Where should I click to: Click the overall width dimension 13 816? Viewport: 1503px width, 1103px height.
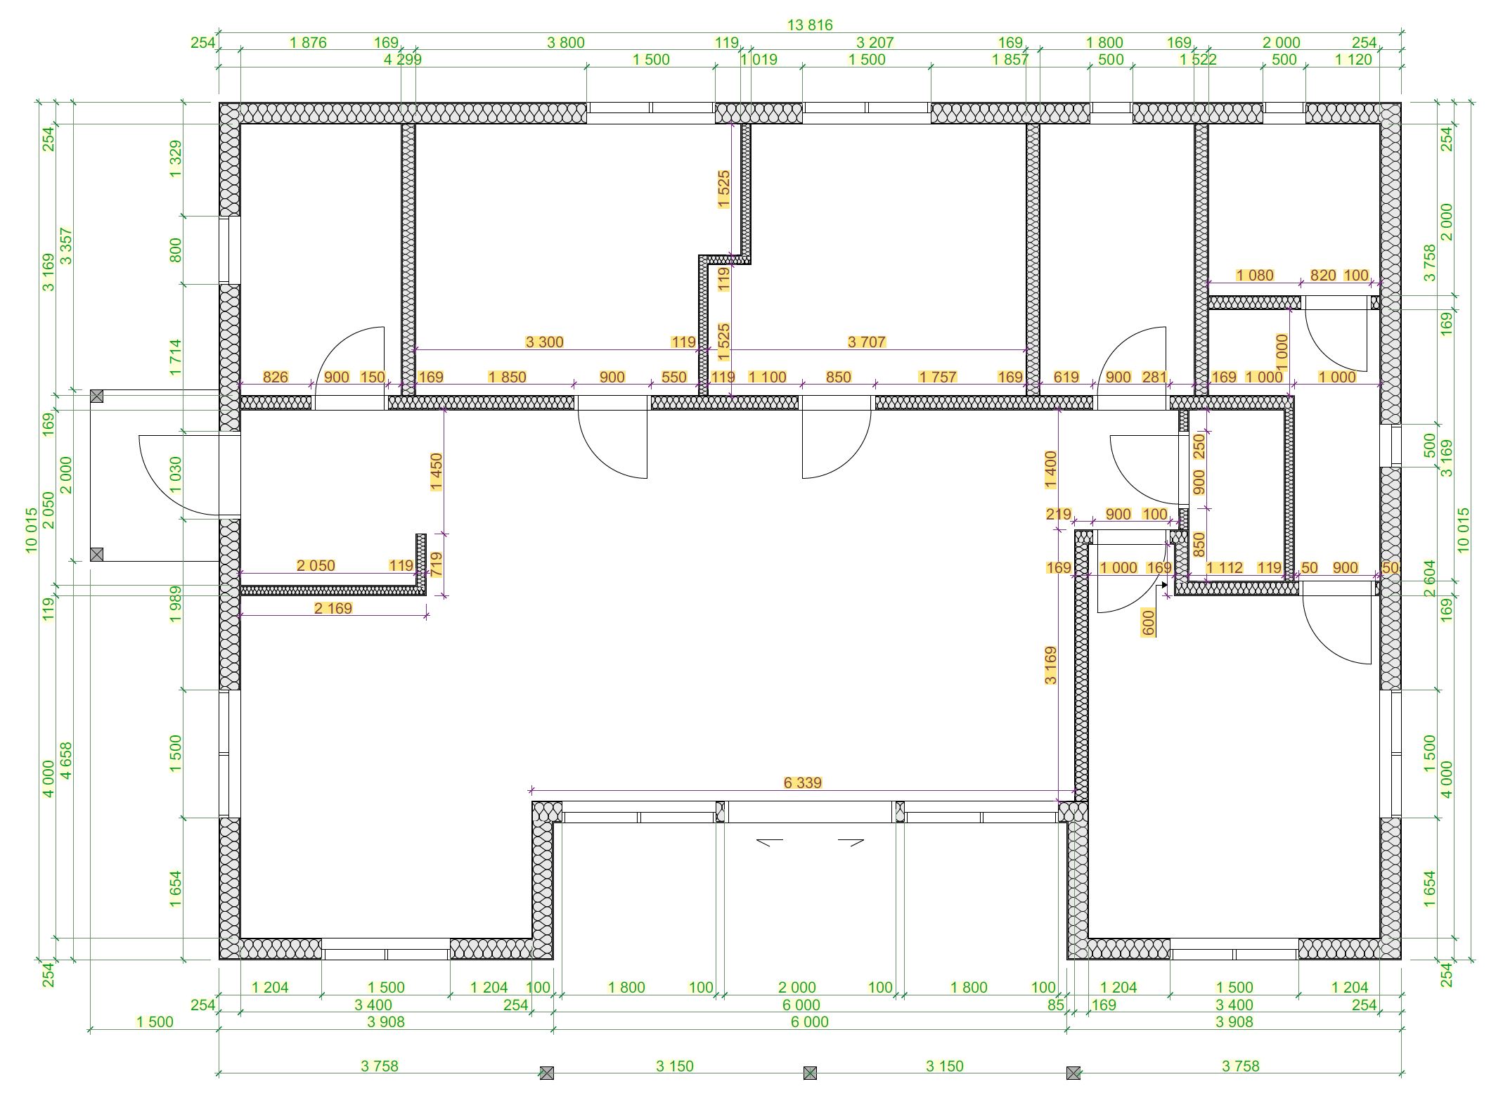810,25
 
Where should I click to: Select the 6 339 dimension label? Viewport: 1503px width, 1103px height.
802,782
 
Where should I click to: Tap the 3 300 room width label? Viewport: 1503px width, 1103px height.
544,342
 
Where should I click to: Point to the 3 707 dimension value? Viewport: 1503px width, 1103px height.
866,342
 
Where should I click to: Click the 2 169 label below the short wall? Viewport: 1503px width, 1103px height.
333,608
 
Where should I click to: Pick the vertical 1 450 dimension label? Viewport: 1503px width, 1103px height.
436,472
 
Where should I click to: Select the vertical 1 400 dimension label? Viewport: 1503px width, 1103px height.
1051,470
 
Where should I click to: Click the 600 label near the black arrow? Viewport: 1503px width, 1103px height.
1149,623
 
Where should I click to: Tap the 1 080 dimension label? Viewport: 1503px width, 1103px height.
1255,275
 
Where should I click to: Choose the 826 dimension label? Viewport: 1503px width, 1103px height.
275,377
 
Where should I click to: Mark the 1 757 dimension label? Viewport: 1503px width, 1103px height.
937,377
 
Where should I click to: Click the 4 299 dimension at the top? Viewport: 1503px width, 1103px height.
403,60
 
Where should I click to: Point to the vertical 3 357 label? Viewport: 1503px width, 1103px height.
67,245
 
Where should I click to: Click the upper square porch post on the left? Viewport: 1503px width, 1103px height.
97,397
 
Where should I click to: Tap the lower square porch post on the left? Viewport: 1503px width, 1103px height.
97,555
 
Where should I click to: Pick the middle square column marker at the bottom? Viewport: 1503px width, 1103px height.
810,1073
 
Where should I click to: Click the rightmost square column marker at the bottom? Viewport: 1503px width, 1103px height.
1073,1073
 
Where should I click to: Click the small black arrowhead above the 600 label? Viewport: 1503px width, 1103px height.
1164,585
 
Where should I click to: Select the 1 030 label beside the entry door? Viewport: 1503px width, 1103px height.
176,475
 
